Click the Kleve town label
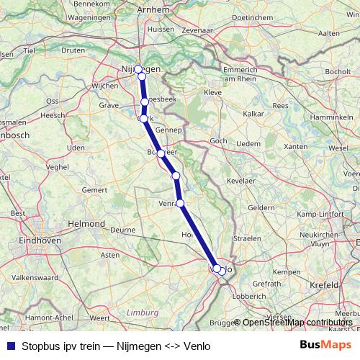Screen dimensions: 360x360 (x=213, y=93)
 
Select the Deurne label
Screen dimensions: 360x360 (x=122, y=230)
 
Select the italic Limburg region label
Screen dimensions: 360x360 (x=140, y=312)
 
